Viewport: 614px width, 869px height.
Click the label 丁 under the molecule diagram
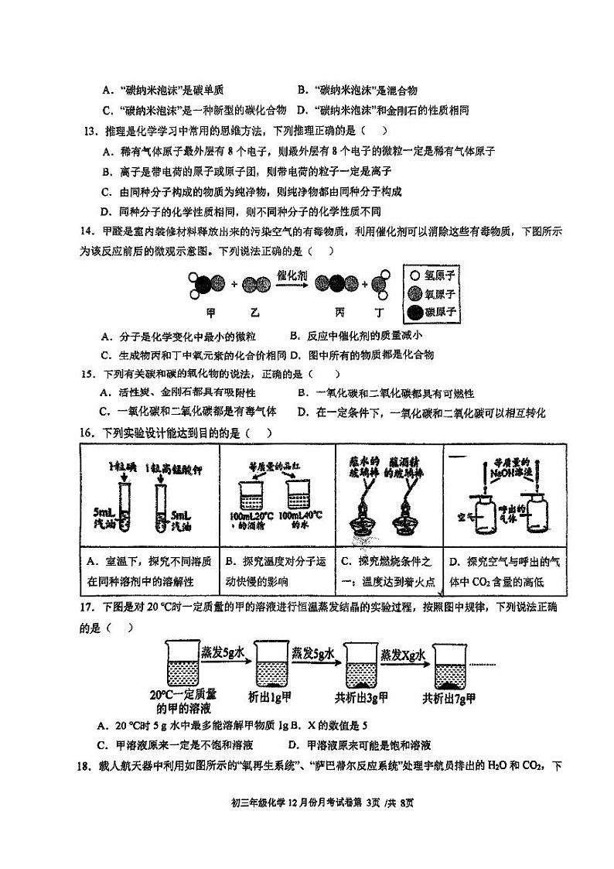(x=380, y=313)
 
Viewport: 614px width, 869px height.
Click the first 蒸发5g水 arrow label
(x=223, y=653)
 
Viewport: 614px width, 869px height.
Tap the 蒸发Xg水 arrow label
(x=404, y=655)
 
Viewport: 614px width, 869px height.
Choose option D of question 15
(x=421, y=412)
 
